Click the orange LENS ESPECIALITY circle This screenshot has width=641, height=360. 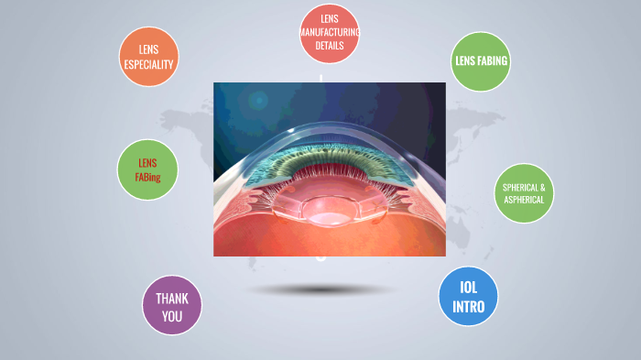point(147,57)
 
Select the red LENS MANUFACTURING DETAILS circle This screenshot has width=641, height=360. point(329,33)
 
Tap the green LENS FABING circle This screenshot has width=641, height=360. point(481,61)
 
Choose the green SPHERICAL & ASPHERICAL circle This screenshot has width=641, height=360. point(524,193)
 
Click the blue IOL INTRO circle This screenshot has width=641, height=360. point(469,296)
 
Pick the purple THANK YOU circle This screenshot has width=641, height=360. point(172,306)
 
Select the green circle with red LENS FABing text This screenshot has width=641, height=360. point(147,169)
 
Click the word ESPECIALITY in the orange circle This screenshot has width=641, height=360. point(148,64)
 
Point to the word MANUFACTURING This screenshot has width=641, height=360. point(329,32)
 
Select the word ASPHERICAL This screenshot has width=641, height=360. point(524,200)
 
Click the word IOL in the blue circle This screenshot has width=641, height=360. point(469,286)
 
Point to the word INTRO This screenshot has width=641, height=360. point(469,307)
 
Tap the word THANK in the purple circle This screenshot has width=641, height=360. point(172,298)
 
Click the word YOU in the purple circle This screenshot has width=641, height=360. point(172,317)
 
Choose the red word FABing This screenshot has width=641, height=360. point(148,177)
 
